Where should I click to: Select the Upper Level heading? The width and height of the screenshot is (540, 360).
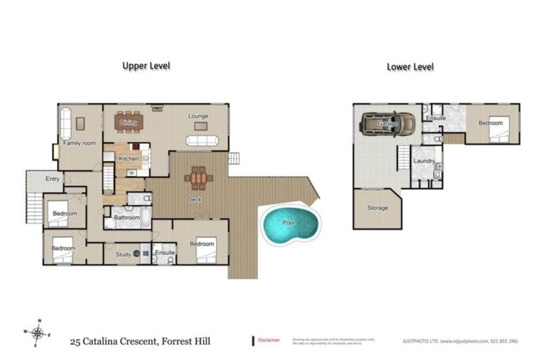point(146,65)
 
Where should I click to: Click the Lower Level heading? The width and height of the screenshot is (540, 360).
point(410,67)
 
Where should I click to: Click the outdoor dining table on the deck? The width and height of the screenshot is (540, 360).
point(200,178)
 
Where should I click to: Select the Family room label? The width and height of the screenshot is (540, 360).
point(79,143)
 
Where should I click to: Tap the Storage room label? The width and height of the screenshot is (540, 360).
point(378,208)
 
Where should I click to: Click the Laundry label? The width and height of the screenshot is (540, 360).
point(424,161)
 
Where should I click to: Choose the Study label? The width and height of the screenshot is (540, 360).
point(123,254)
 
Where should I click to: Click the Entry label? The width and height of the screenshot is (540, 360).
point(53,179)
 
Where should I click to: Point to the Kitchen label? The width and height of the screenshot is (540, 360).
point(129,159)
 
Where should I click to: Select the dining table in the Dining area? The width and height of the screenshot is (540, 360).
point(129,122)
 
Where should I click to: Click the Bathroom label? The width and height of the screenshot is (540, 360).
point(127,218)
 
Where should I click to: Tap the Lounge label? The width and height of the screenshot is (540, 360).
point(198,116)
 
